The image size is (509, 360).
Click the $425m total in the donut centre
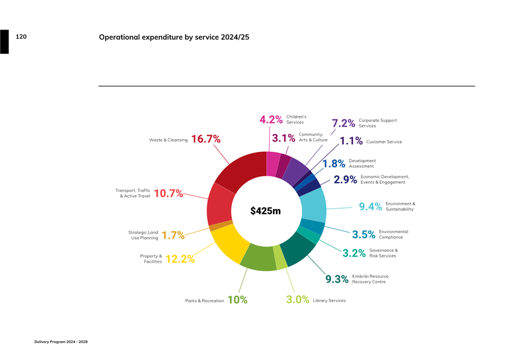click(x=266, y=211)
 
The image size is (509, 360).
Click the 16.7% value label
click(x=206, y=139)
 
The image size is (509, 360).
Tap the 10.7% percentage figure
click(x=168, y=193)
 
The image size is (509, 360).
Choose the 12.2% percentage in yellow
click(x=180, y=259)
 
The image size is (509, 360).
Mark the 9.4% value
click(x=370, y=207)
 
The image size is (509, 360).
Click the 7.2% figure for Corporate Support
click(x=343, y=123)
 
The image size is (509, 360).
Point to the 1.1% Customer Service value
click(x=351, y=141)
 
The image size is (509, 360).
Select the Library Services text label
click(x=329, y=300)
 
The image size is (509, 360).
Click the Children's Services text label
click(x=296, y=120)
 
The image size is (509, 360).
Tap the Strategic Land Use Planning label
click(x=143, y=235)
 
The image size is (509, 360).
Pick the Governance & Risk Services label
click(x=383, y=253)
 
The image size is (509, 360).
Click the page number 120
click(x=21, y=37)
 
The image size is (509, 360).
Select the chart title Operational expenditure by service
click(x=174, y=37)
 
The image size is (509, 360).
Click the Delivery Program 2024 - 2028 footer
click(x=61, y=342)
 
